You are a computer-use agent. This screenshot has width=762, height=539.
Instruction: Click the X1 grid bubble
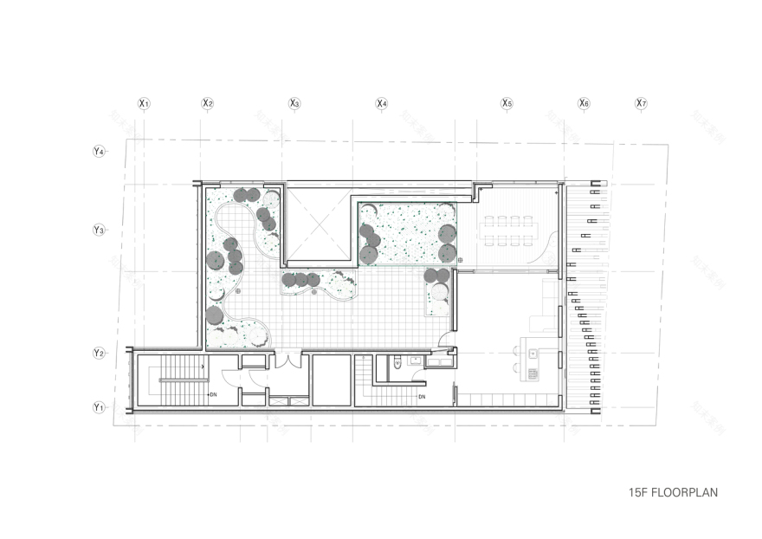pyautogui.click(x=145, y=104)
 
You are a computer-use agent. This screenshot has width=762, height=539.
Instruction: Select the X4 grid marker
pyautogui.click(x=381, y=104)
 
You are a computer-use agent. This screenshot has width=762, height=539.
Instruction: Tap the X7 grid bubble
pyautogui.click(x=641, y=104)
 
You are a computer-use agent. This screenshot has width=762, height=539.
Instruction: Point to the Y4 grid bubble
pyautogui.click(x=99, y=152)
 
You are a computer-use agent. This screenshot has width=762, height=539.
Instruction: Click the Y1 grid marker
pyautogui.click(x=99, y=406)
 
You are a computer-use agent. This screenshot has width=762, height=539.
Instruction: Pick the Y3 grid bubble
pyautogui.click(x=99, y=230)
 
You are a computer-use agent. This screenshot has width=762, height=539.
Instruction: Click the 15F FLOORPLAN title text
pyautogui.click(x=673, y=492)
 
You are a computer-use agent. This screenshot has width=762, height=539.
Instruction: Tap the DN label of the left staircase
pyautogui.click(x=212, y=394)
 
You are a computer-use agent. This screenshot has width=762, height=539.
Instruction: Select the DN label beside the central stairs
pyautogui.click(x=422, y=397)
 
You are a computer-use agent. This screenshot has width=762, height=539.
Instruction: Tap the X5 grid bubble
pyautogui.click(x=507, y=104)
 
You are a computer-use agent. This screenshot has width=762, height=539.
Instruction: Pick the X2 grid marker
pyautogui.click(x=208, y=104)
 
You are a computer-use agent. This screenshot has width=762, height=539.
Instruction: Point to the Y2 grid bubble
pyautogui.click(x=99, y=354)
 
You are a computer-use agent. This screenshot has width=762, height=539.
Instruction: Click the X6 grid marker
pyautogui.click(x=584, y=104)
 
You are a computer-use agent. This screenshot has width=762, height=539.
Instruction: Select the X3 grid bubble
pyautogui.click(x=294, y=104)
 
